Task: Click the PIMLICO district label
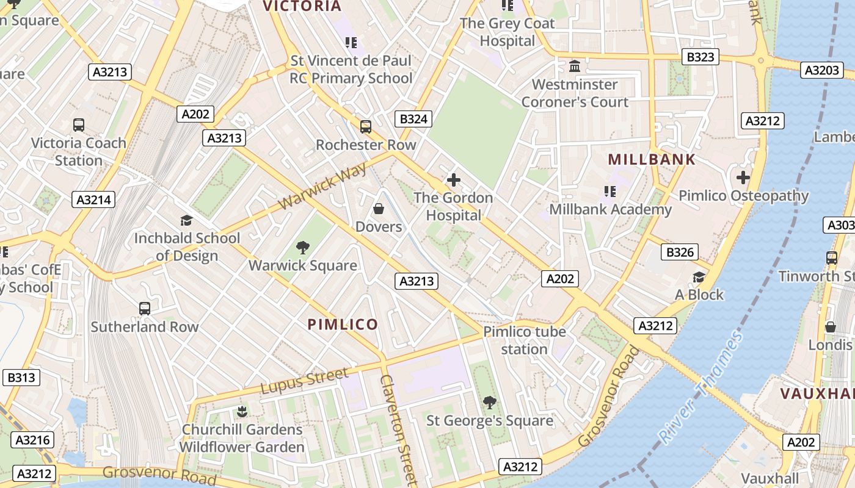pyautogui.click(x=343, y=325)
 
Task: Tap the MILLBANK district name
pyautogui.click(x=652, y=160)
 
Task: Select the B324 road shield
pyautogui.click(x=413, y=119)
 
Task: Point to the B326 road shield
pyautogui.click(x=679, y=252)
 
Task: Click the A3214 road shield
pyautogui.click(x=93, y=199)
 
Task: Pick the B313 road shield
pyautogui.click(x=21, y=378)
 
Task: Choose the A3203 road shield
pyautogui.click(x=821, y=70)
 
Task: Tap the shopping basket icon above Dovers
pyautogui.click(x=379, y=209)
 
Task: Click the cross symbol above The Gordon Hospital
pyautogui.click(x=453, y=180)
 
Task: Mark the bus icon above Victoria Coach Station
pyautogui.click(x=79, y=125)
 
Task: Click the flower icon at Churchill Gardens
pyautogui.click(x=242, y=411)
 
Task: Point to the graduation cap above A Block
pyautogui.click(x=699, y=278)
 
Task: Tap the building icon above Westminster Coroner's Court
pyautogui.click(x=574, y=66)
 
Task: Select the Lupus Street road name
pyautogui.click(x=304, y=381)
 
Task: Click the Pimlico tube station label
pyautogui.click(x=524, y=340)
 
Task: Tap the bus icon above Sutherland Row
pyautogui.click(x=144, y=309)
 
